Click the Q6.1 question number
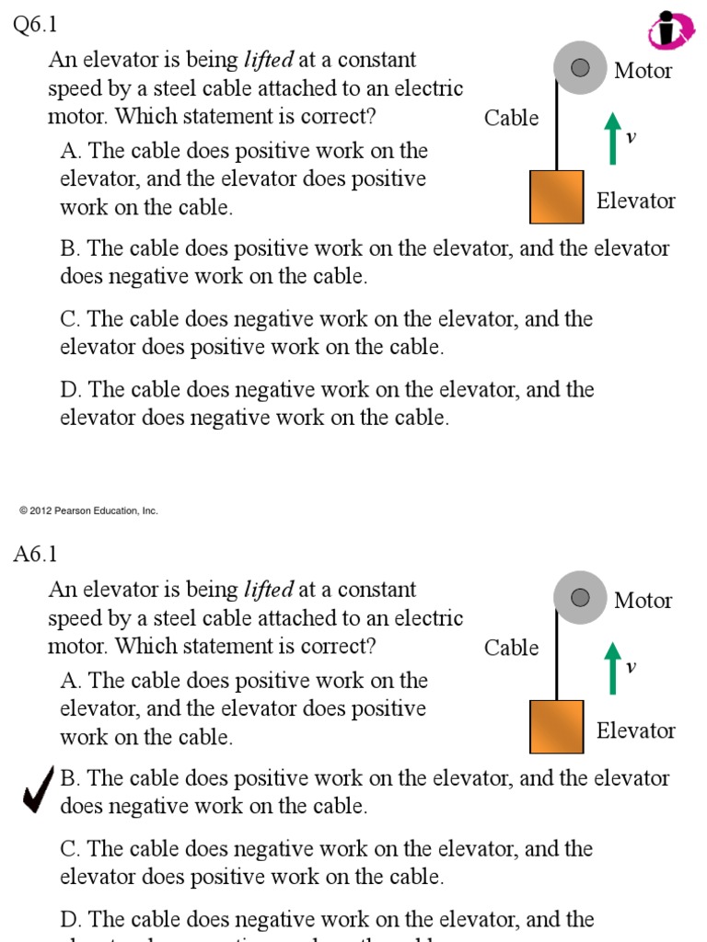coord(35,26)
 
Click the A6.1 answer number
coord(35,554)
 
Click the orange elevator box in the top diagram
coord(556,197)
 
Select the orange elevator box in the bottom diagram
coord(556,727)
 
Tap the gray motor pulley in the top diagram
coord(580,67)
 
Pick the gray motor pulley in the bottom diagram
coord(580,597)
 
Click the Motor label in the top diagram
coord(643,71)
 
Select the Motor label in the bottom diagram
coord(643,601)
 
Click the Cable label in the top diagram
coord(511,118)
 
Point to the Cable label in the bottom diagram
coord(511,648)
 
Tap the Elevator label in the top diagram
coord(635,201)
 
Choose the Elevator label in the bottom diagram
coord(635,730)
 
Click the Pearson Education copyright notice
coord(88,511)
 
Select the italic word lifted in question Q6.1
coord(268,61)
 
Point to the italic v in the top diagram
coord(631,138)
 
